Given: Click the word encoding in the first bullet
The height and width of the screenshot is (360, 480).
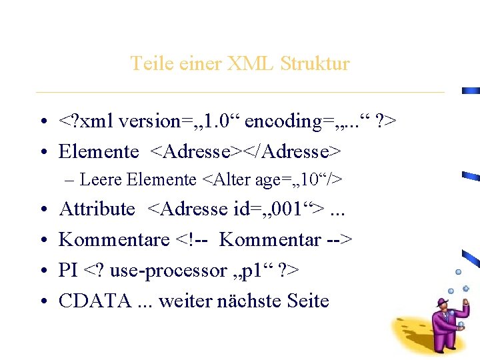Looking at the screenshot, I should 281,122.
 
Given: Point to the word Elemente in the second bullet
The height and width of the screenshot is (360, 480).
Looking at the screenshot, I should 99,152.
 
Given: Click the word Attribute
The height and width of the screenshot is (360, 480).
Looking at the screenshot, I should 97,209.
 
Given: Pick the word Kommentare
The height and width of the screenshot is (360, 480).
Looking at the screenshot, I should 114,240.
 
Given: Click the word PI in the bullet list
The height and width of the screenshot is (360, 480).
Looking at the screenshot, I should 68,271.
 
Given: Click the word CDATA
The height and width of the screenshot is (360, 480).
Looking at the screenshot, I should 95,301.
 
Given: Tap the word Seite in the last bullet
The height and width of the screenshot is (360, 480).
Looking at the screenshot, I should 307,301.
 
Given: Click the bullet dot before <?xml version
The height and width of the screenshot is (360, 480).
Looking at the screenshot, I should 42,122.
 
